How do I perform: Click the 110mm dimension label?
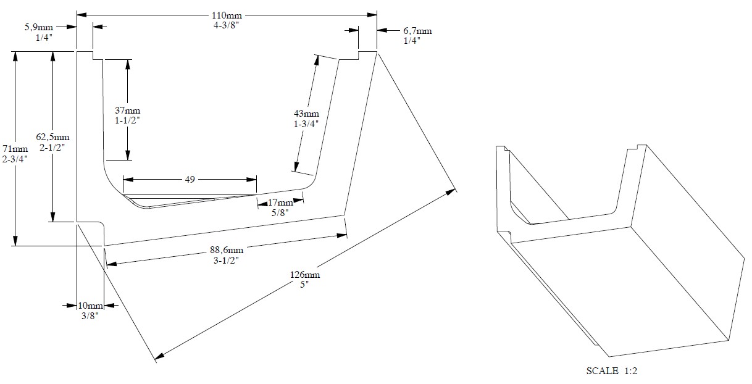point(227,15)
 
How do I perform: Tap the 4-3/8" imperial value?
point(227,25)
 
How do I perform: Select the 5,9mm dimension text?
point(38,27)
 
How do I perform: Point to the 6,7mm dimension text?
point(417,31)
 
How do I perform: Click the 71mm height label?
point(15,149)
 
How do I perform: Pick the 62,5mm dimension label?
point(53,137)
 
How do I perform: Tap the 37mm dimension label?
point(128,110)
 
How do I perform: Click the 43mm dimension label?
point(306,114)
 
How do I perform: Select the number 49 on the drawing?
point(190,180)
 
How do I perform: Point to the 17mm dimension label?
point(280,202)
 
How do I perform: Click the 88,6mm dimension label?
point(227,250)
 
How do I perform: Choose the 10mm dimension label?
point(90,306)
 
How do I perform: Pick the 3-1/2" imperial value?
point(227,261)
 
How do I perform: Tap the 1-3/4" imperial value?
point(306,124)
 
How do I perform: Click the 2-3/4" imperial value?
point(15,159)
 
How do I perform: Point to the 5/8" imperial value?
point(280,213)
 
